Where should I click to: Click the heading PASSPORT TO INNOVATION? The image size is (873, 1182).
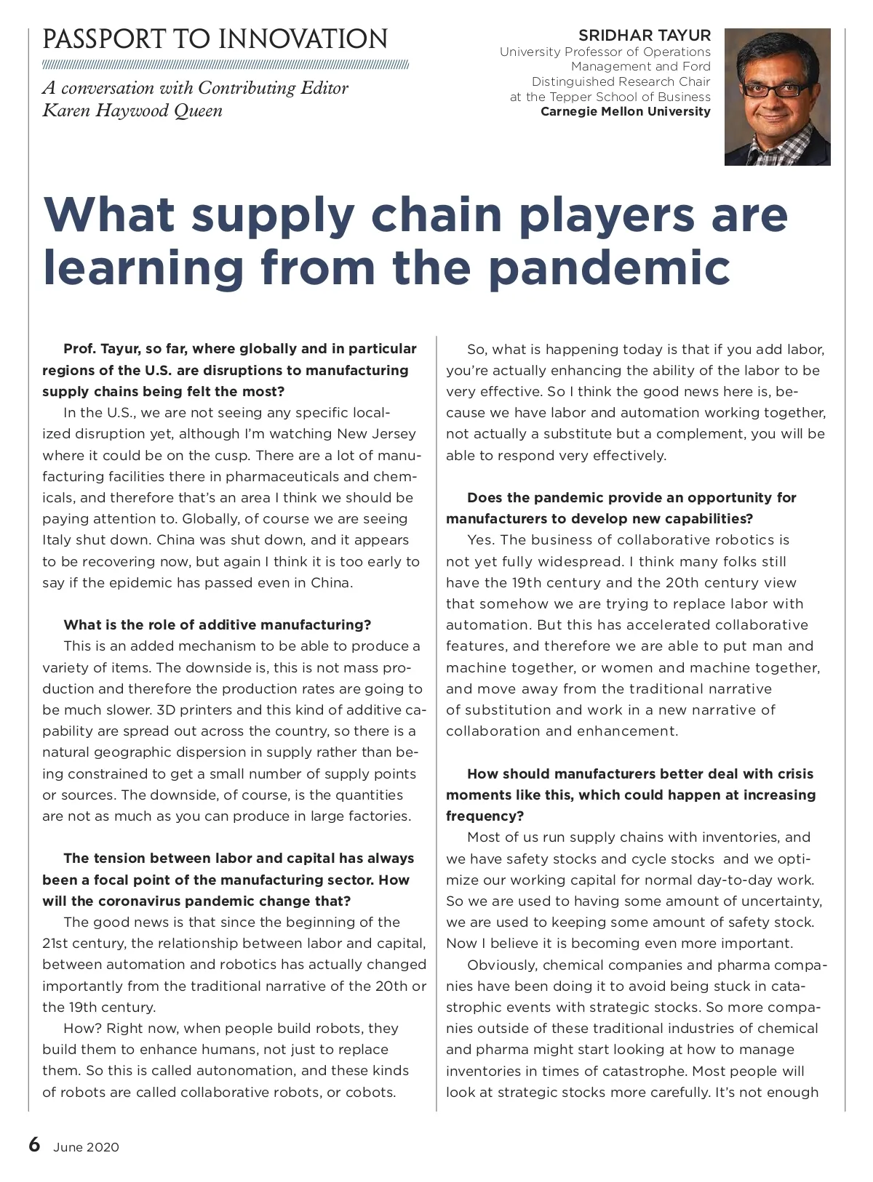[x=215, y=39]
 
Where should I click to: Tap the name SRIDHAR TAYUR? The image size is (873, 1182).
[x=645, y=35]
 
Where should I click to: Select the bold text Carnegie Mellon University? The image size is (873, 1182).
[x=625, y=112]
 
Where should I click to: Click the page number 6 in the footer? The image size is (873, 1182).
[x=34, y=1145]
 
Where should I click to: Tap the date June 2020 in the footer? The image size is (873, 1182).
[x=86, y=1148]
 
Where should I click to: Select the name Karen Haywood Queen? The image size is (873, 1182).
[x=132, y=110]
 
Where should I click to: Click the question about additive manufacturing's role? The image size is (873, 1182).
[x=217, y=624]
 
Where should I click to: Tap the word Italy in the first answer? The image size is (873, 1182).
[x=57, y=540]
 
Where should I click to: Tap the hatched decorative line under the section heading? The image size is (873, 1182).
[x=226, y=64]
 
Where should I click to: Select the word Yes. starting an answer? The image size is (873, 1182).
[x=482, y=540]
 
